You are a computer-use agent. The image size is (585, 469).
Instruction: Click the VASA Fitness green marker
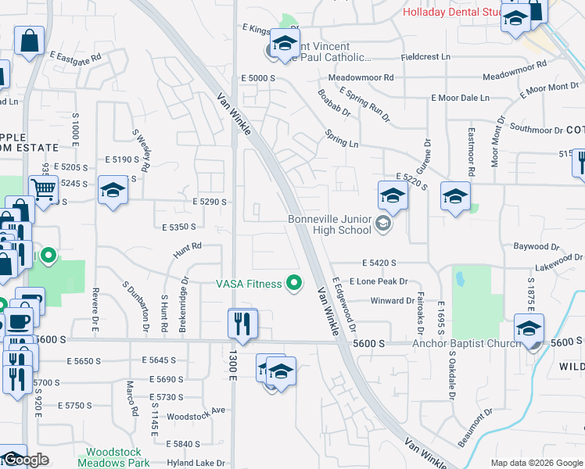pyautogui.click(x=294, y=283)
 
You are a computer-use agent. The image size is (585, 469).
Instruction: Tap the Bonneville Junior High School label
pyautogui.click(x=329, y=225)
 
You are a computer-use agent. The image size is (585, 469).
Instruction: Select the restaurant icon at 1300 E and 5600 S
pyautogui.click(x=242, y=324)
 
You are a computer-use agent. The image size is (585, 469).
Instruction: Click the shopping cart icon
pyautogui.click(x=44, y=188)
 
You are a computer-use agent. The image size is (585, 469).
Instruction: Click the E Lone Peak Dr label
pyautogui.click(x=383, y=281)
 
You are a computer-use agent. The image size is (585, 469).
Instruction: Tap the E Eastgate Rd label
pyautogui.click(x=76, y=57)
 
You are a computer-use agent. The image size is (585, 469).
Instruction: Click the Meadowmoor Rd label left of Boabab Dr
pyautogui.click(x=361, y=78)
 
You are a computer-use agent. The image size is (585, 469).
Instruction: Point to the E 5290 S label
pyautogui.click(x=209, y=202)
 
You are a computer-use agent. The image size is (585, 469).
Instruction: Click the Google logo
pyautogui.click(x=25, y=460)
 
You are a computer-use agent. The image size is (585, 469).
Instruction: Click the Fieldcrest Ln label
pyautogui.click(x=425, y=57)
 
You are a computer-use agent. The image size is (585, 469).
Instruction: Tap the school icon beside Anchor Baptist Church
pyautogui.click(x=529, y=328)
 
